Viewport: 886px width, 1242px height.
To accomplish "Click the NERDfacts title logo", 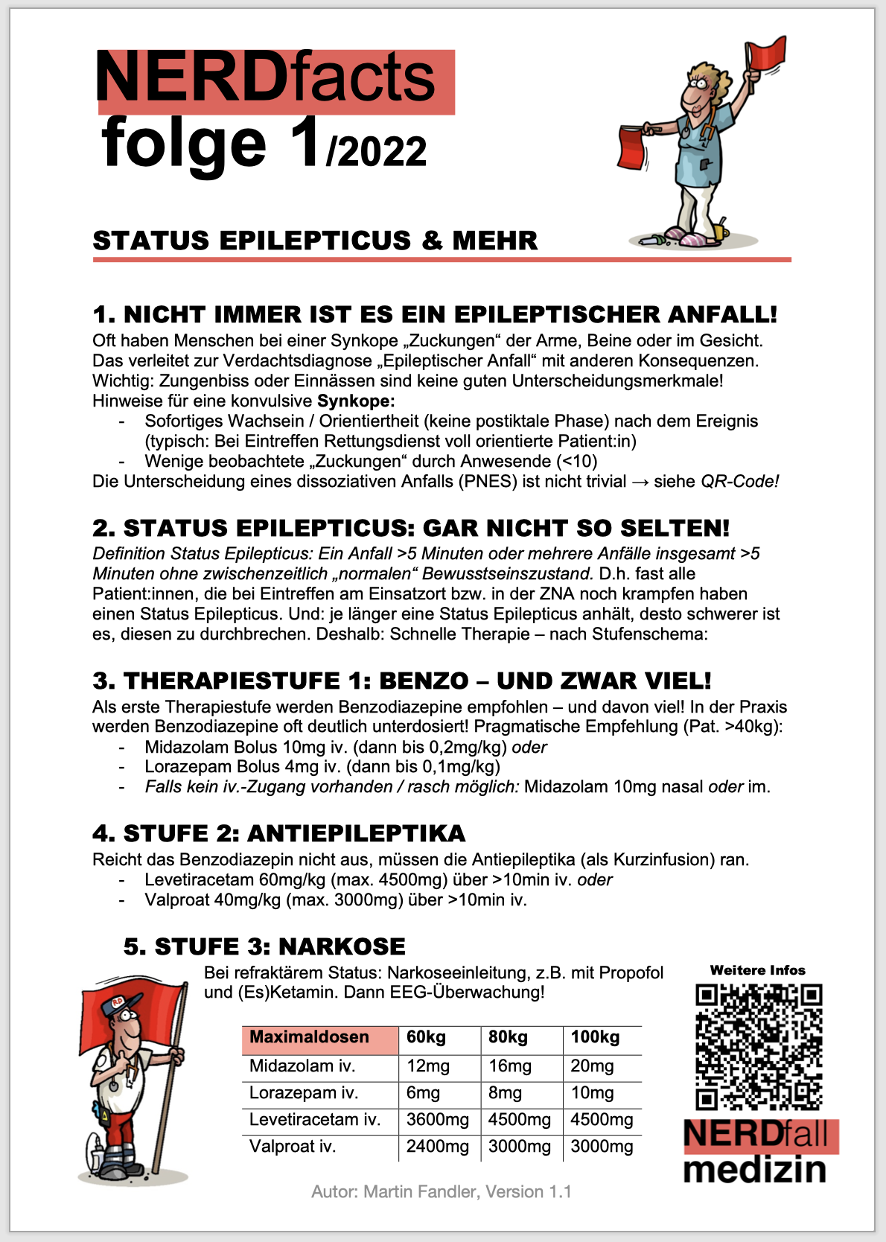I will point(275,80).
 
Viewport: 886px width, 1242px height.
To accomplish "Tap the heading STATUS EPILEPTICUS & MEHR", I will point(315,241).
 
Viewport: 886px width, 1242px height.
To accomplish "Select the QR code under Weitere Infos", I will point(759,1046).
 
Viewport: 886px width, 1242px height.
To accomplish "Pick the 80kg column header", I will point(508,1037).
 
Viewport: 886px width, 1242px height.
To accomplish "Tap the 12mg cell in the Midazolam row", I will point(428,1066).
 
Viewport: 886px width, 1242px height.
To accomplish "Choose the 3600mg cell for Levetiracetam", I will point(438,1120).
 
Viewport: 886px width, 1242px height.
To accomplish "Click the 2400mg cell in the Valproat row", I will point(438,1147).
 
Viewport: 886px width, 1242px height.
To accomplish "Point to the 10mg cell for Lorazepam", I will point(592,1093).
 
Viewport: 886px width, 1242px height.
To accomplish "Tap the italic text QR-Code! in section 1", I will point(740,481).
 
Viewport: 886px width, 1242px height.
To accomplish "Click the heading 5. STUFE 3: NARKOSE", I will point(264,946).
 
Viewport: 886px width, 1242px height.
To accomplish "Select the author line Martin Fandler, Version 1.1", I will point(442,1191).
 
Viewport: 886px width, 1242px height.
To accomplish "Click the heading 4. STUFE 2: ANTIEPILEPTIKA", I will point(279,833).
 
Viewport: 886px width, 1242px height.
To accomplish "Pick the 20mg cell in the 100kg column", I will point(592,1066).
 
